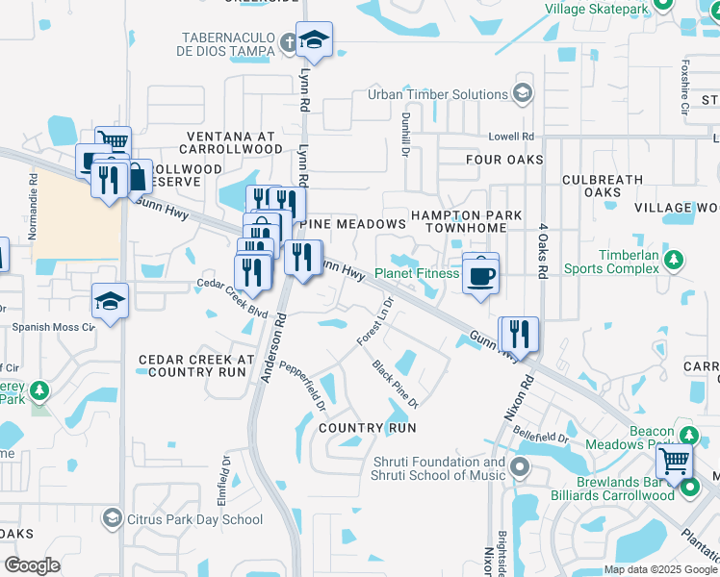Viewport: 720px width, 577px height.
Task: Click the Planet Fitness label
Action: [x=417, y=273]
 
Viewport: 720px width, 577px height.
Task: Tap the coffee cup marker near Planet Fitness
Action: [x=480, y=274]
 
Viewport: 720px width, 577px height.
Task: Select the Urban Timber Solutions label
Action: [x=438, y=94]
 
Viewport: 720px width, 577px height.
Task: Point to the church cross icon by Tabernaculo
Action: [x=290, y=41]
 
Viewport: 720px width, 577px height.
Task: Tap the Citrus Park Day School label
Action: [x=194, y=519]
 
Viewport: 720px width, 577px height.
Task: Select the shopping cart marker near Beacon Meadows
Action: [x=674, y=462]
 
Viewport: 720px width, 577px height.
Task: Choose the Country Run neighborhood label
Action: [x=367, y=427]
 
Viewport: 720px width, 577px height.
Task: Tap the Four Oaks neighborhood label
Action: [x=504, y=160]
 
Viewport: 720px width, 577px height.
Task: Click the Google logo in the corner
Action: [x=32, y=565]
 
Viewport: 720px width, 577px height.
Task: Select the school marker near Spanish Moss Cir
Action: [x=110, y=302]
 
